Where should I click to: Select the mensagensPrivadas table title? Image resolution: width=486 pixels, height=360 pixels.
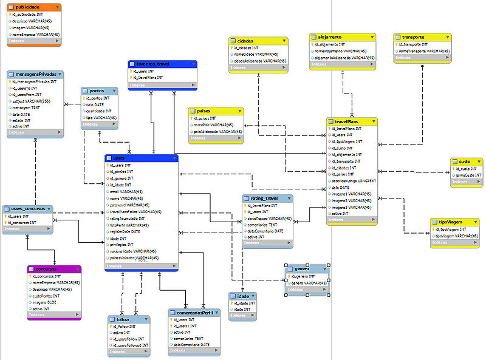tap(34, 74)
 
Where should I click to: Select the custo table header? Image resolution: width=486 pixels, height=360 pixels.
tap(464, 161)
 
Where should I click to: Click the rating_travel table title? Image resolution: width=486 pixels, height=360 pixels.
tap(264, 198)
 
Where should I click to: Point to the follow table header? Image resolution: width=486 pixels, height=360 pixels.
tap(124, 319)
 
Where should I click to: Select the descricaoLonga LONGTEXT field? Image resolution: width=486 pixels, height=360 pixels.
tap(355, 181)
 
